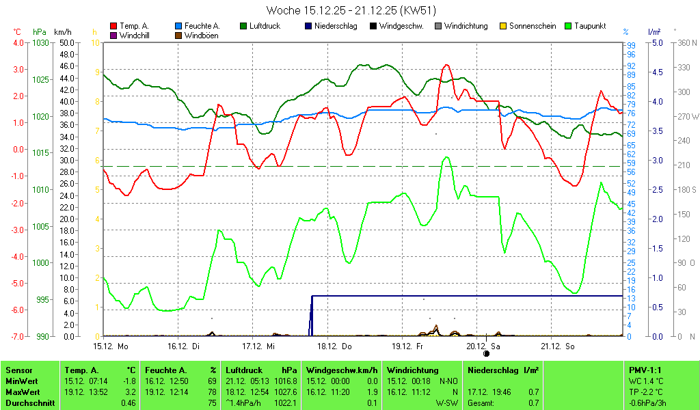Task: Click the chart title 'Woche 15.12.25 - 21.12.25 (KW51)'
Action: [x=351, y=10]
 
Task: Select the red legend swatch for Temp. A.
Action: [x=113, y=26]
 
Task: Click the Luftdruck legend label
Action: [x=265, y=26]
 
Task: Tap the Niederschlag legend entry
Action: [x=334, y=26]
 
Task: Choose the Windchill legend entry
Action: [x=134, y=36]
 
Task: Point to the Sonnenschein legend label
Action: [x=533, y=26]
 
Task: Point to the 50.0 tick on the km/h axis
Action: [x=66, y=42]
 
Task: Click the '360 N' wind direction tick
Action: [x=684, y=42]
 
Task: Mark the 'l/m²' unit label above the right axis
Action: [x=654, y=32]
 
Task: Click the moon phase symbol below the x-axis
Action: [x=486, y=354]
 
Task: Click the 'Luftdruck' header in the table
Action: [x=244, y=370]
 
